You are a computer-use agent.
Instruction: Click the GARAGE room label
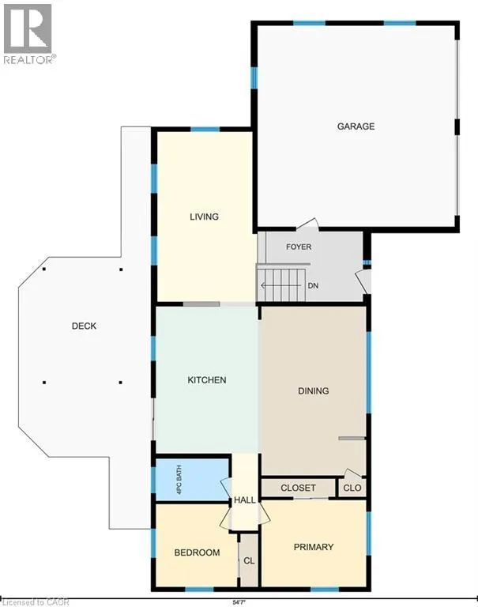pyautogui.click(x=356, y=126)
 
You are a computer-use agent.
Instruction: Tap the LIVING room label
pyautogui.click(x=204, y=217)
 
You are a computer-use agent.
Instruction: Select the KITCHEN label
pyautogui.click(x=207, y=379)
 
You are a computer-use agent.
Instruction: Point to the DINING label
pyautogui.click(x=313, y=391)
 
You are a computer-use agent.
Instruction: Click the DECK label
pyautogui.click(x=84, y=326)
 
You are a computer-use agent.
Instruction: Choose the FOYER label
pyautogui.click(x=299, y=247)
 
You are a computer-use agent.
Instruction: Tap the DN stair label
pyautogui.click(x=313, y=285)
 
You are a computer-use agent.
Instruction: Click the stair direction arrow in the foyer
pyautogui.click(x=280, y=285)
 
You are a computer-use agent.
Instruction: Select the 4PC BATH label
pyautogui.click(x=179, y=480)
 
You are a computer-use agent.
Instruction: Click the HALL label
pyautogui.click(x=245, y=500)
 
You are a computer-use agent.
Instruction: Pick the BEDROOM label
pyautogui.click(x=197, y=552)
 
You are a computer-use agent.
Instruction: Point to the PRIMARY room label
pyautogui.click(x=314, y=547)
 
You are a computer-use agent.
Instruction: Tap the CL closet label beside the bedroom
pyautogui.click(x=249, y=560)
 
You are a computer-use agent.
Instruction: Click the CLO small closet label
pyautogui.click(x=352, y=488)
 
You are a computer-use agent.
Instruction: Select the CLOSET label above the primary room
pyautogui.click(x=298, y=488)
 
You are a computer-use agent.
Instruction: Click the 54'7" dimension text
pyautogui.click(x=239, y=602)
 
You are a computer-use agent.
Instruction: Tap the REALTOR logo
pyautogui.click(x=28, y=34)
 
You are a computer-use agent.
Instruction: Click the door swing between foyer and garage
pyautogui.click(x=308, y=224)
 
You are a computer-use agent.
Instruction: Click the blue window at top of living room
pyautogui.click(x=205, y=130)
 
